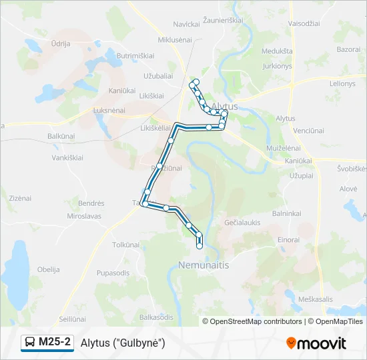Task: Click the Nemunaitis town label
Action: coord(204,265)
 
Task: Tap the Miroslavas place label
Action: coord(83,217)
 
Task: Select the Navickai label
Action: coord(187,24)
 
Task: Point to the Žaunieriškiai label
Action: coord(223,21)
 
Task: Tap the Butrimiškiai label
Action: coord(135,56)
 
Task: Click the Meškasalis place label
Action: coord(316,299)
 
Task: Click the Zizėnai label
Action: coord(20,198)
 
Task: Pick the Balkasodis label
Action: coord(157,317)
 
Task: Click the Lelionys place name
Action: coord(342,83)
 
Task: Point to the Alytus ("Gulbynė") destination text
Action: coord(123,343)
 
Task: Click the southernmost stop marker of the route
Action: coord(200,247)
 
